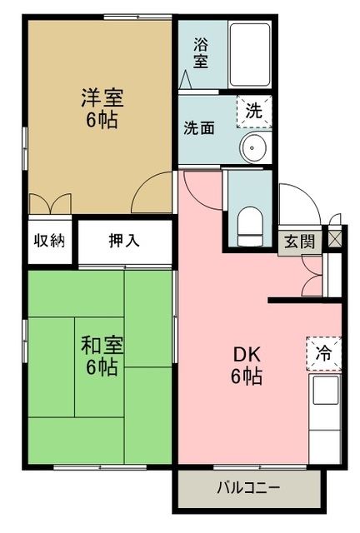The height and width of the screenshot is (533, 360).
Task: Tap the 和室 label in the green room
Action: click(x=101, y=344)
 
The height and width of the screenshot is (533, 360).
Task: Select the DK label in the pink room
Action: click(x=246, y=353)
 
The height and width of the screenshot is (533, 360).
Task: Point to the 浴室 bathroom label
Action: click(x=201, y=52)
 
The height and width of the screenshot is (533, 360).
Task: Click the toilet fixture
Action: click(x=249, y=223)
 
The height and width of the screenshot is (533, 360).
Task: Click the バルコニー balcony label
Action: click(x=247, y=487)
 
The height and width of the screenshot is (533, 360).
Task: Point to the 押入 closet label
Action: click(x=125, y=242)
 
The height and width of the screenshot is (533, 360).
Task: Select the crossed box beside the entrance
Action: click(x=335, y=237)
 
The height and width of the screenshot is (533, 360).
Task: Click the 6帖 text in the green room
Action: click(x=101, y=366)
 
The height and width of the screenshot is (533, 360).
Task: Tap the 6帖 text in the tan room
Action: click(x=102, y=120)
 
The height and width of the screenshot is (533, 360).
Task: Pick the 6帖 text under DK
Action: click(x=246, y=376)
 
